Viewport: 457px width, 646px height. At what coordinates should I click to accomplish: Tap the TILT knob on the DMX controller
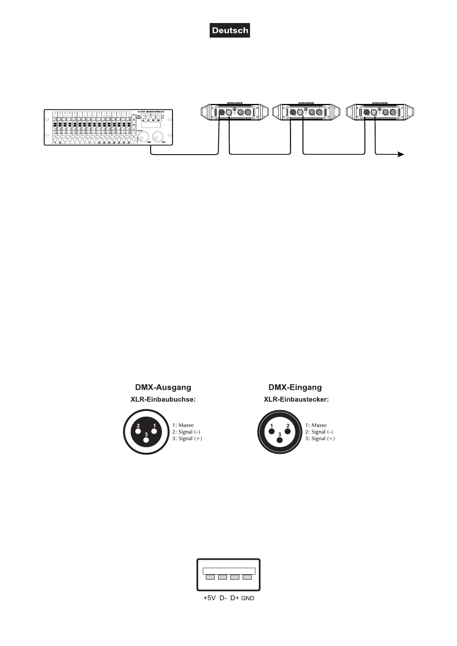pyautogui.click(x=158, y=137)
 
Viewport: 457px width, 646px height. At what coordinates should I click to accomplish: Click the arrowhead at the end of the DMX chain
pyautogui.click(x=401, y=154)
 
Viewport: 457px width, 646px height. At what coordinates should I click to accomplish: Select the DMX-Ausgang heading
pyautogui.click(x=163, y=387)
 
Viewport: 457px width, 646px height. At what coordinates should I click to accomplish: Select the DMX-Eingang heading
pyautogui.click(x=295, y=387)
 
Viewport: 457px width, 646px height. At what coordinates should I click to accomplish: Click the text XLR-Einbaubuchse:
pyautogui.click(x=163, y=399)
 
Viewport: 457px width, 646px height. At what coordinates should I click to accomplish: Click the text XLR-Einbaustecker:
pyautogui.click(x=296, y=399)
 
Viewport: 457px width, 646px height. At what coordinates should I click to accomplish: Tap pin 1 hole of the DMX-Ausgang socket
pyautogui.click(x=154, y=431)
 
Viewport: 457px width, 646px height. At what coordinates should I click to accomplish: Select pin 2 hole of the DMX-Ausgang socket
pyautogui.click(x=137, y=431)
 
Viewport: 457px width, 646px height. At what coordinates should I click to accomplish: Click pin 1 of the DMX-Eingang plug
pyautogui.click(x=272, y=432)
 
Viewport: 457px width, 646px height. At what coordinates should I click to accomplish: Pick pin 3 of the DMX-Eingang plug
pyautogui.click(x=280, y=440)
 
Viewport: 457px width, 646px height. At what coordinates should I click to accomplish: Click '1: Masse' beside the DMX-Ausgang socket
pyautogui.click(x=183, y=425)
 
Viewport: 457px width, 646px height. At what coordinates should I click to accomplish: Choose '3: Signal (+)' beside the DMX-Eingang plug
pyautogui.click(x=320, y=438)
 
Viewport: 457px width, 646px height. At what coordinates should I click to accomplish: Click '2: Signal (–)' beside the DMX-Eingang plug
pyautogui.click(x=319, y=432)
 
